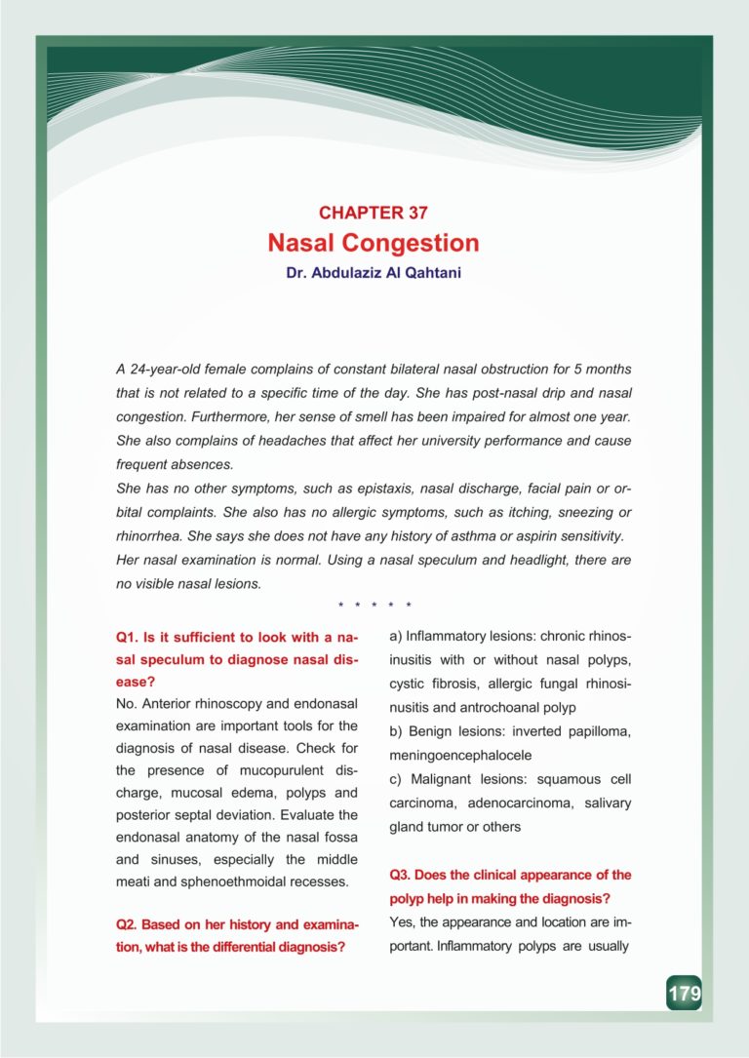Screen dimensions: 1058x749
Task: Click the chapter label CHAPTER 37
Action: [x=374, y=213]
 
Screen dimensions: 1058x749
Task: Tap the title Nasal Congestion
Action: [x=374, y=243]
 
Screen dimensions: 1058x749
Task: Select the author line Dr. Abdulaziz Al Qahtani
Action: [x=374, y=274]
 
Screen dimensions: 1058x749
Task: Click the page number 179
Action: [x=684, y=994]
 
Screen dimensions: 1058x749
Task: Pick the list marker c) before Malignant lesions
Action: [x=397, y=779]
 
